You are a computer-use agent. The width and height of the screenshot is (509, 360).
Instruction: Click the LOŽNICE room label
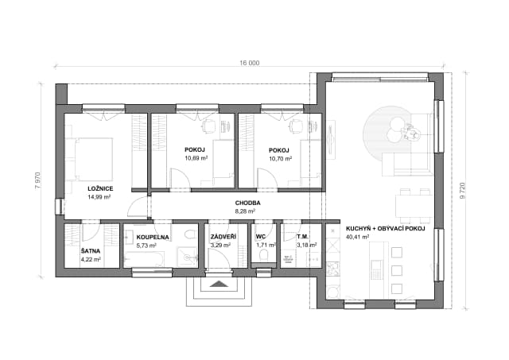[100, 188]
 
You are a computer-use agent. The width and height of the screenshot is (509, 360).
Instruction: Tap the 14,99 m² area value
[99, 197]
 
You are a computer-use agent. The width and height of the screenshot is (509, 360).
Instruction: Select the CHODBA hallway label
[247, 203]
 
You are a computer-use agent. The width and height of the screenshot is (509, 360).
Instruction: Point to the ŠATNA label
[91, 251]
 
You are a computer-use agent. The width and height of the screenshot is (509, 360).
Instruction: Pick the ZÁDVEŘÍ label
[223, 237]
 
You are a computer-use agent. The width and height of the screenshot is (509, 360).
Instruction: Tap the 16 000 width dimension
[249, 63]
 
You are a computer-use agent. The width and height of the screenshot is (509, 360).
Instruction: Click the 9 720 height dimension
[463, 191]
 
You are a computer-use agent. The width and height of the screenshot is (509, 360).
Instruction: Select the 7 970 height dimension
[37, 181]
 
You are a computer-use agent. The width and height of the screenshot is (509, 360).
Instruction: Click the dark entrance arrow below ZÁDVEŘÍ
[220, 285]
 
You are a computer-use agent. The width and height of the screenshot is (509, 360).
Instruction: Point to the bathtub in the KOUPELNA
[144, 259]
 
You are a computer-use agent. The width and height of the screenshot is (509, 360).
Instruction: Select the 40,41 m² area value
[357, 237]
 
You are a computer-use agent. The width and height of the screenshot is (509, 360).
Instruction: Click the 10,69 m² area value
[196, 159]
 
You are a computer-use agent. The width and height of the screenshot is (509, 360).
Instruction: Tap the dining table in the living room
[414, 207]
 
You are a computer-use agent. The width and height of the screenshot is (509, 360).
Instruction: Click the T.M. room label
[302, 237]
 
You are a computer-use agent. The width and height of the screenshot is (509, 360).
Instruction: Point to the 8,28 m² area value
[245, 211]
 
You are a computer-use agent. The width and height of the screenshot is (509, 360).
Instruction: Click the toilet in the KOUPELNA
[189, 234]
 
